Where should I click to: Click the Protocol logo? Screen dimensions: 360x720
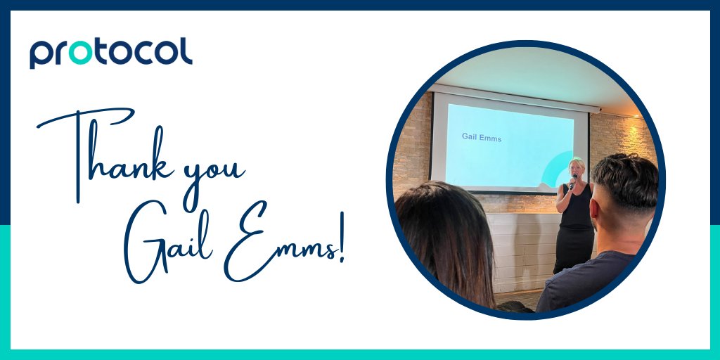110,53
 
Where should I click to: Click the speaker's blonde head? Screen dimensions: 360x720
577,167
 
